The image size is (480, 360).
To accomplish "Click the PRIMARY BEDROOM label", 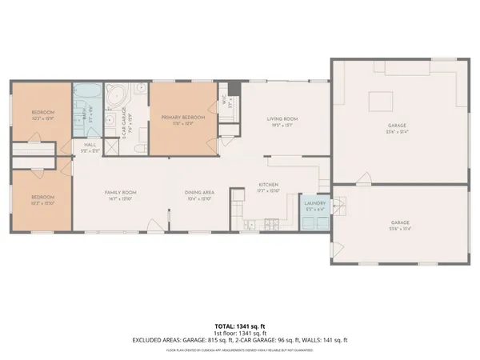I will tap(182, 118).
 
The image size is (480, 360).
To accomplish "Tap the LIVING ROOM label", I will tap(282, 118).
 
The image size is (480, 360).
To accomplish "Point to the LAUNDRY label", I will tap(313, 204).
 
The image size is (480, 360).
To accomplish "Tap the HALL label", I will tap(90, 145).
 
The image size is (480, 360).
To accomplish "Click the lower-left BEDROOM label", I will tap(42, 197).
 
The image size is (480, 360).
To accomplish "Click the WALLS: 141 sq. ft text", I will tap(329, 339).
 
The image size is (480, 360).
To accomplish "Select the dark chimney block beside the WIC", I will tap(234, 88).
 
